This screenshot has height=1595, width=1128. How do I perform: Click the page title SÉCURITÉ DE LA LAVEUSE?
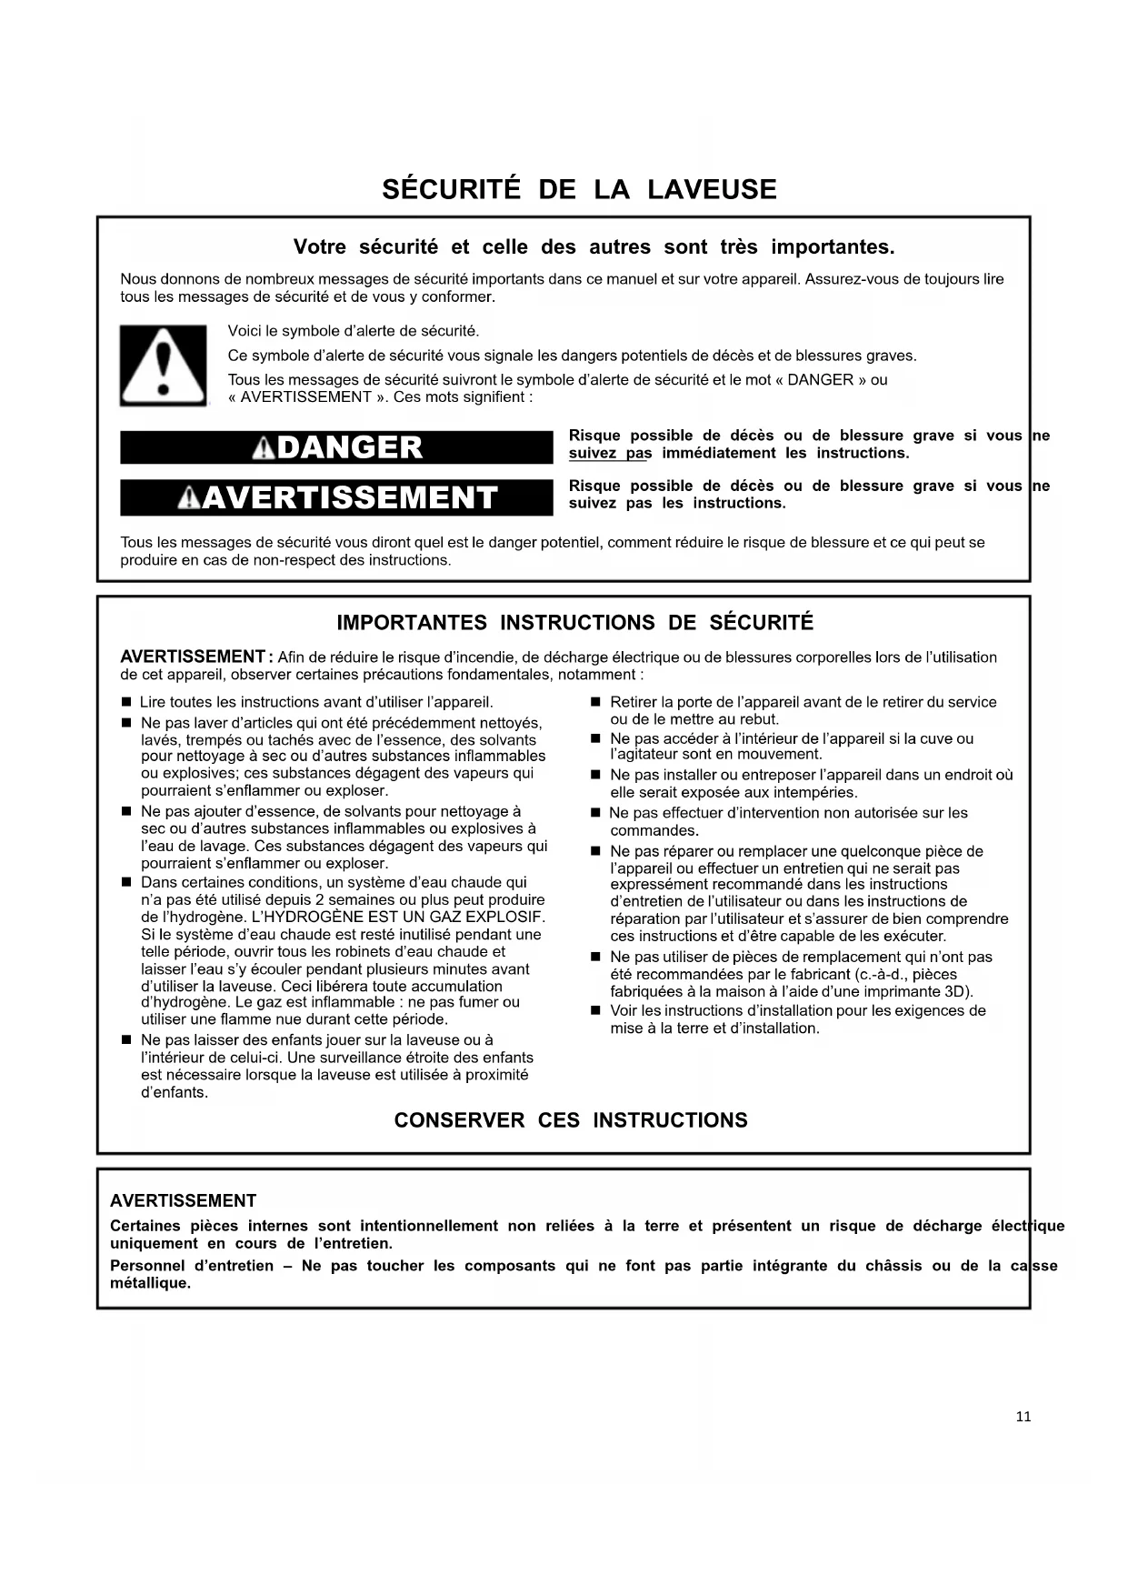(x=579, y=189)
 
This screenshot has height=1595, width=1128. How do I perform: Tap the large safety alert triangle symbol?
(x=163, y=365)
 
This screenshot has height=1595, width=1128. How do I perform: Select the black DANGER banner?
(x=336, y=447)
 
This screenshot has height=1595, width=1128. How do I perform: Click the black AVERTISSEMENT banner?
(x=336, y=497)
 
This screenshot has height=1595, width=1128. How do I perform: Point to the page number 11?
(x=1023, y=1417)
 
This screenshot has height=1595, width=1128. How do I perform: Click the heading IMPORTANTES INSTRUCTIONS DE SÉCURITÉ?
(x=575, y=623)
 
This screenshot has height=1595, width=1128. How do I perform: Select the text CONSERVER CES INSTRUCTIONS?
(x=571, y=1120)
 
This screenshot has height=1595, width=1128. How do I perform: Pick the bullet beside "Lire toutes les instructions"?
(x=126, y=703)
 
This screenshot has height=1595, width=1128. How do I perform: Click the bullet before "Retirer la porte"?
(x=596, y=703)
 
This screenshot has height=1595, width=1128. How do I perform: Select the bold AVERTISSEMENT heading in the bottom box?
(x=183, y=1200)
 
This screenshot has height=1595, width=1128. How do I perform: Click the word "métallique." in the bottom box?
(x=150, y=1283)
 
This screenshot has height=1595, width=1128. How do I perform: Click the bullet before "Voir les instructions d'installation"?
(x=596, y=1011)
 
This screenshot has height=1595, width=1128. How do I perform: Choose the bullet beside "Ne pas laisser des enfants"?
(x=126, y=1040)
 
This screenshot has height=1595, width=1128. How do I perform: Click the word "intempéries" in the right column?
(x=815, y=792)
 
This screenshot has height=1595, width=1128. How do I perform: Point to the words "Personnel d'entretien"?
(x=191, y=1266)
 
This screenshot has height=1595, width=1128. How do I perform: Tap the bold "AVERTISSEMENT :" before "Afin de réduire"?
(x=195, y=657)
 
